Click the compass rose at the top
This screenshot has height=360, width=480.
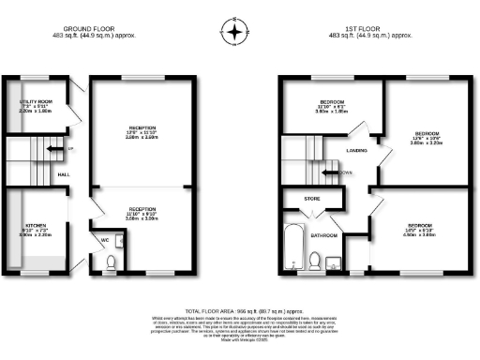[x=233, y=34]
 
